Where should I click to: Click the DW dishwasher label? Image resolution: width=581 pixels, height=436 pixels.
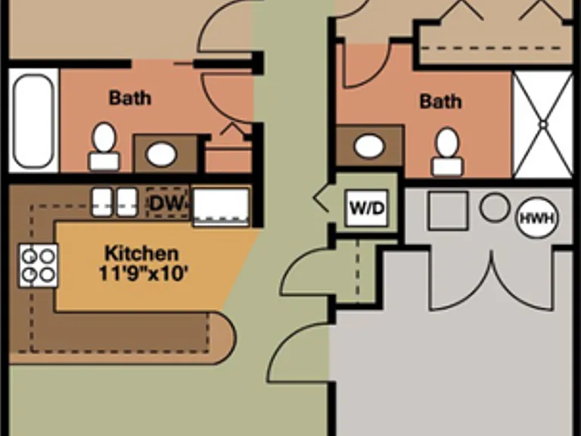[x=167, y=203]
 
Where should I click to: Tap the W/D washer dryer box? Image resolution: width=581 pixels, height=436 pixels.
[x=366, y=208]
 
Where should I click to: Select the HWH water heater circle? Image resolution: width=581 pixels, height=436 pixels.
[x=537, y=218]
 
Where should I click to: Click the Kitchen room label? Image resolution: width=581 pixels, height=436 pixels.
[x=142, y=254]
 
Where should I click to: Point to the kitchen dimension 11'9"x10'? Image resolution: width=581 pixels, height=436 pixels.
[x=143, y=274]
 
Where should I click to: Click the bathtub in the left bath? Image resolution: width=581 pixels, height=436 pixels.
[x=33, y=121]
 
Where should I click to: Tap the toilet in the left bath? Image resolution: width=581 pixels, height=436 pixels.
[x=104, y=147]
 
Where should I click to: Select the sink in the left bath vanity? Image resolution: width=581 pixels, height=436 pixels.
[x=161, y=154]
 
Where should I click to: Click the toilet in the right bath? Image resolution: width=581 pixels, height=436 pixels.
[x=447, y=152]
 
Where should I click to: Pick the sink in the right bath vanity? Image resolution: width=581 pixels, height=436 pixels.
[x=369, y=145]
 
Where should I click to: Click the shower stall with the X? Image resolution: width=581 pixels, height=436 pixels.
[x=543, y=125]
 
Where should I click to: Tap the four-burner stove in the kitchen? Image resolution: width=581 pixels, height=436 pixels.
[x=39, y=266]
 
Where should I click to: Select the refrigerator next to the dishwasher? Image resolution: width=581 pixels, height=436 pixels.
[x=221, y=207]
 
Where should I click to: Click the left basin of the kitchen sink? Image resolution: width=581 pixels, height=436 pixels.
[x=102, y=202]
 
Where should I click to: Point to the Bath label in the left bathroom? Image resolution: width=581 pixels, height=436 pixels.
[x=130, y=98]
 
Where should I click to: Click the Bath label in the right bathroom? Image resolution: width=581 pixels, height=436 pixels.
[x=440, y=101]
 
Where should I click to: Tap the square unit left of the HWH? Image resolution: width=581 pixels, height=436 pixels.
[x=448, y=210]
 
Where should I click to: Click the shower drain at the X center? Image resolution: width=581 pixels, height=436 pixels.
[x=543, y=125]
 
